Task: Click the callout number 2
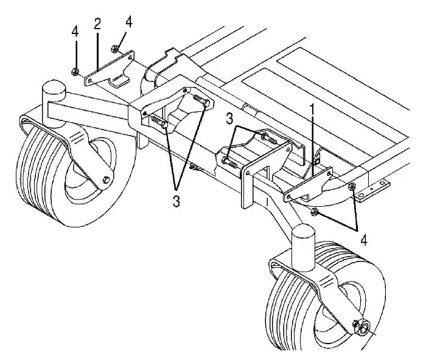pyautogui.click(x=97, y=24)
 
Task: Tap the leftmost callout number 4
pyautogui.click(x=75, y=32)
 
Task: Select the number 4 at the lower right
pyautogui.click(x=364, y=240)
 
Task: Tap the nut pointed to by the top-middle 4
pyautogui.click(x=115, y=48)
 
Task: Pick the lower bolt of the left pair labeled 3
pyautogui.click(x=159, y=124)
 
